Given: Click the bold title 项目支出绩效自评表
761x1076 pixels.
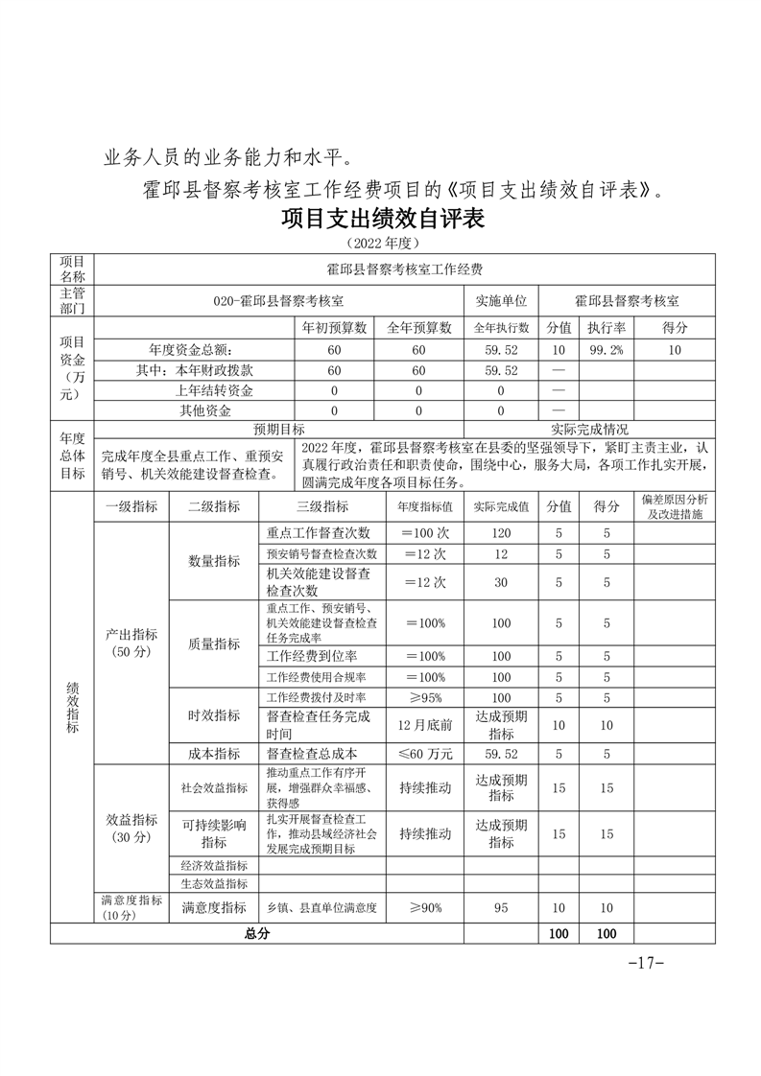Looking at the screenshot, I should pyautogui.click(x=383, y=220).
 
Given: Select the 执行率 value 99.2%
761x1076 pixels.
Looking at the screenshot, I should pyautogui.click(x=606, y=350).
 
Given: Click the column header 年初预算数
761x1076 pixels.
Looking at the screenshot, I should pyautogui.click(x=335, y=328).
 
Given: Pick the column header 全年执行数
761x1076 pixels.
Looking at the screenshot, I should pyautogui.click(x=501, y=328).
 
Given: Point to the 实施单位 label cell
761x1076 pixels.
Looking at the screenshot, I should pyautogui.click(x=501, y=300).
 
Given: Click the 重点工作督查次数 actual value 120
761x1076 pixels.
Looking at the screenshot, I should pyautogui.click(x=501, y=533).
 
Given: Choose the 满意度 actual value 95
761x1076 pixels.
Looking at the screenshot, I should pyautogui.click(x=501, y=907).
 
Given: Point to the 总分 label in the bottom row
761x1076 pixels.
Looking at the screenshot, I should pyautogui.click(x=257, y=933).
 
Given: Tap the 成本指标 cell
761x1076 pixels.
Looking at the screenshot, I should pyautogui.click(x=214, y=754).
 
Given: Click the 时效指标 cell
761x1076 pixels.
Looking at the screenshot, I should pyautogui.click(x=214, y=715).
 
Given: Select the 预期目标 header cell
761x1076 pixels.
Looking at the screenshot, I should pyautogui.click(x=278, y=430).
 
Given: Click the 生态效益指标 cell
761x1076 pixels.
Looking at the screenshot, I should pyautogui.click(x=214, y=883).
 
